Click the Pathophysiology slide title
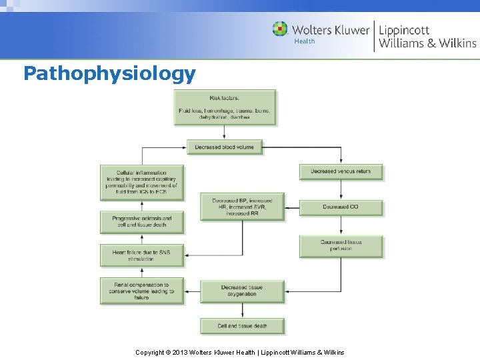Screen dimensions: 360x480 point(109,73)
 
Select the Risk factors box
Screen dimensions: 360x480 point(225,107)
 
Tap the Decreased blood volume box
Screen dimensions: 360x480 point(225,147)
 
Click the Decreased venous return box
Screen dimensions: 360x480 point(341,171)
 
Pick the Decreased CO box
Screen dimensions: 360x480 point(341,207)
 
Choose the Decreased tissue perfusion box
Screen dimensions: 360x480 point(341,245)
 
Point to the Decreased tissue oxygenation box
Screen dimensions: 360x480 point(241,290)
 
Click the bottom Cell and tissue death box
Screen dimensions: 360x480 point(241,326)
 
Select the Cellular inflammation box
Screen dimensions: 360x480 point(141,182)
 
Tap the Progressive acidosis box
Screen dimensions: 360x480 point(141,221)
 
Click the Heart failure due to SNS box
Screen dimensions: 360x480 point(141,255)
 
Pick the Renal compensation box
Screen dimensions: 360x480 point(141,291)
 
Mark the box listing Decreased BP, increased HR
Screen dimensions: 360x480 point(241,207)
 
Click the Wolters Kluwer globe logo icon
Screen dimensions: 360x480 point(280,29)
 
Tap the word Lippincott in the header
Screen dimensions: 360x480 point(404,30)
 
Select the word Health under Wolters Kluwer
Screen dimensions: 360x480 point(304,41)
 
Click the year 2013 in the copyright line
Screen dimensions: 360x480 point(179,352)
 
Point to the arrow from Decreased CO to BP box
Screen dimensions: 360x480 point(292,207)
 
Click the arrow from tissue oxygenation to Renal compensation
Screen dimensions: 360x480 point(192,291)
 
